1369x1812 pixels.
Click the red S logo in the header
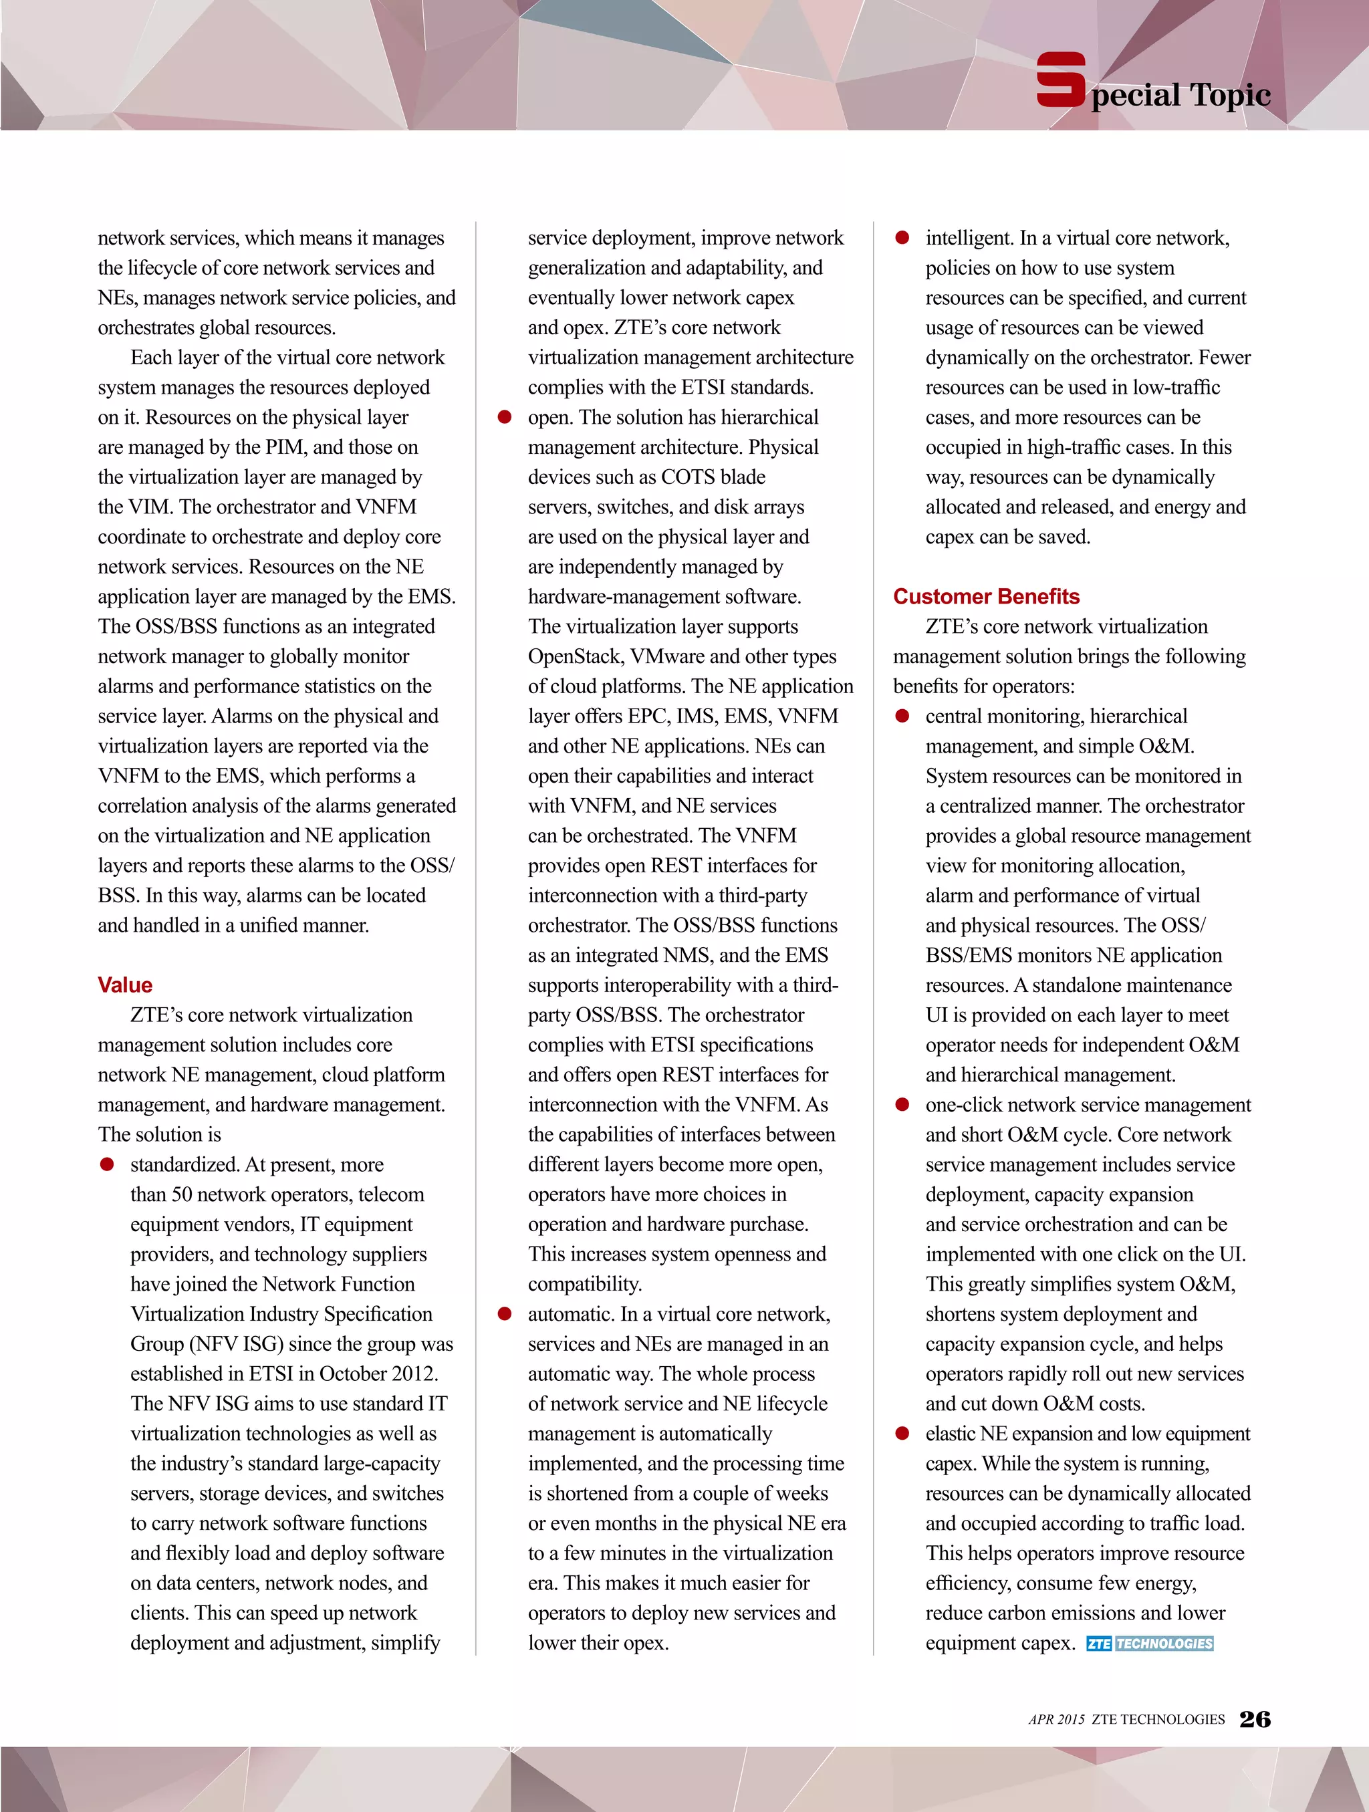(1061, 80)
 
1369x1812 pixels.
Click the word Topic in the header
(1231, 96)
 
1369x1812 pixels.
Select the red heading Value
(124, 985)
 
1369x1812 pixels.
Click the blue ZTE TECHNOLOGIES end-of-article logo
(1150, 1644)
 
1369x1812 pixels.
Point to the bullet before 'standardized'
(106, 1165)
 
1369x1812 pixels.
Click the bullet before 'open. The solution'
(505, 418)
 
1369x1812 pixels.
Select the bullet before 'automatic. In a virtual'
(505, 1314)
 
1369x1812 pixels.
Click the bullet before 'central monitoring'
(902, 716)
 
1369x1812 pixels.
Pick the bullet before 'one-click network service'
(902, 1105)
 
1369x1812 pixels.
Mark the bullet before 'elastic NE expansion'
(902, 1434)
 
